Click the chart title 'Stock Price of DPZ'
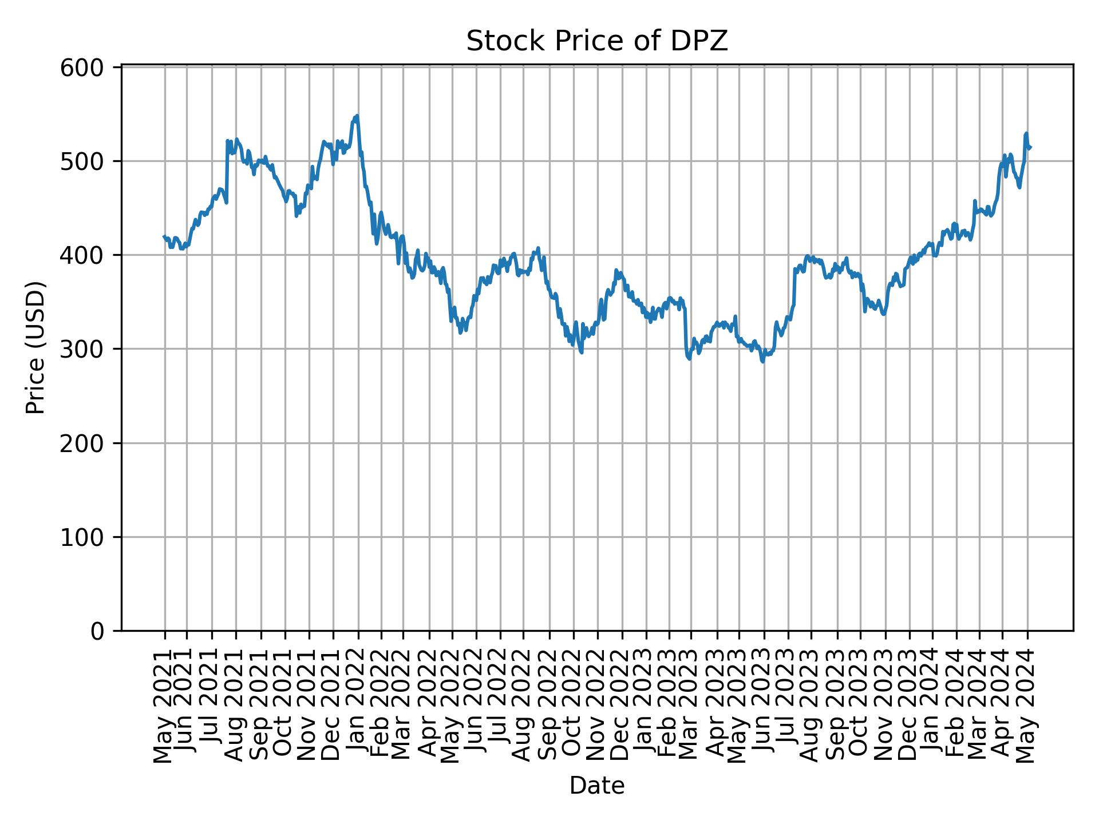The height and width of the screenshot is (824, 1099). click(596, 41)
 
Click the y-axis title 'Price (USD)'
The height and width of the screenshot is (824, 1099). click(35, 347)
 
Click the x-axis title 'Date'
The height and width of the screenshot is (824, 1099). click(596, 786)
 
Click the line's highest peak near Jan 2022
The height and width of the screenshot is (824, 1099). click(357, 116)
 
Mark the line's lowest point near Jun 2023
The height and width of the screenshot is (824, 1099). click(762, 362)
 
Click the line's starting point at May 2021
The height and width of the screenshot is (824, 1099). click(164, 236)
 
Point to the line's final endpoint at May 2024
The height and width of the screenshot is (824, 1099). click(1030, 148)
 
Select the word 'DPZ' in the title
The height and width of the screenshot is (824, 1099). click(705, 41)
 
